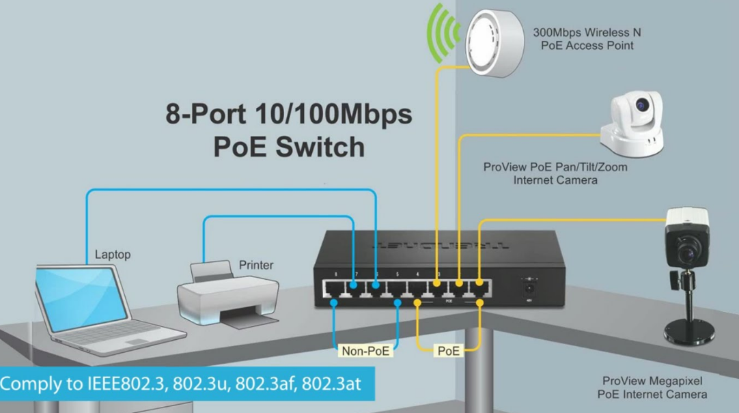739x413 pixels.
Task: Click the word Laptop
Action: click(x=113, y=255)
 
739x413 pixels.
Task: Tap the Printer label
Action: click(x=256, y=265)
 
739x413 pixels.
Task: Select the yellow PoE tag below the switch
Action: click(x=449, y=351)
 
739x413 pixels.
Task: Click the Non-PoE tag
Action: click(x=366, y=351)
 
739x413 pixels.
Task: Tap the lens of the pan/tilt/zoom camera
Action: click(x=641, y=106)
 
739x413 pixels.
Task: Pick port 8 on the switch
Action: click(x=333, y=292)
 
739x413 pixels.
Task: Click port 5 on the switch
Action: click(x=396, y=292)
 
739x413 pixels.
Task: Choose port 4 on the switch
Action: click(x=417, y=292)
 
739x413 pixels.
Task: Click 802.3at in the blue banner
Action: click(x=333, y=384)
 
